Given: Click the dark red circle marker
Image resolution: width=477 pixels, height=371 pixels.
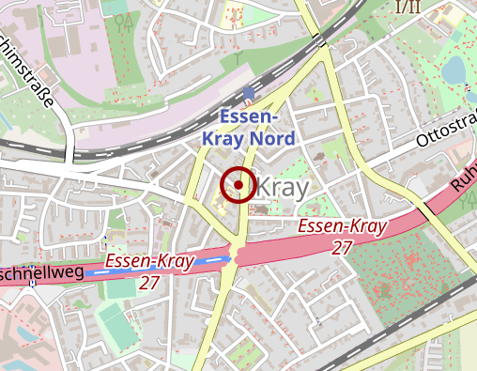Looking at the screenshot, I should coord(238,185).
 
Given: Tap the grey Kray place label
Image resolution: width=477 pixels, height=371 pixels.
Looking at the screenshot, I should coord(282,187).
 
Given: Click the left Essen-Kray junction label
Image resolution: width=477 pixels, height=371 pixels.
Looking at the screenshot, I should coord(149,260).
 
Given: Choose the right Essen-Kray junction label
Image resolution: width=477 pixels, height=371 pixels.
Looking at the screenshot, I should coord(343,227).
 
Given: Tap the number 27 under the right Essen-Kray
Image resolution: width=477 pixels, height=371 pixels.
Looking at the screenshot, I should coord(343,247).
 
